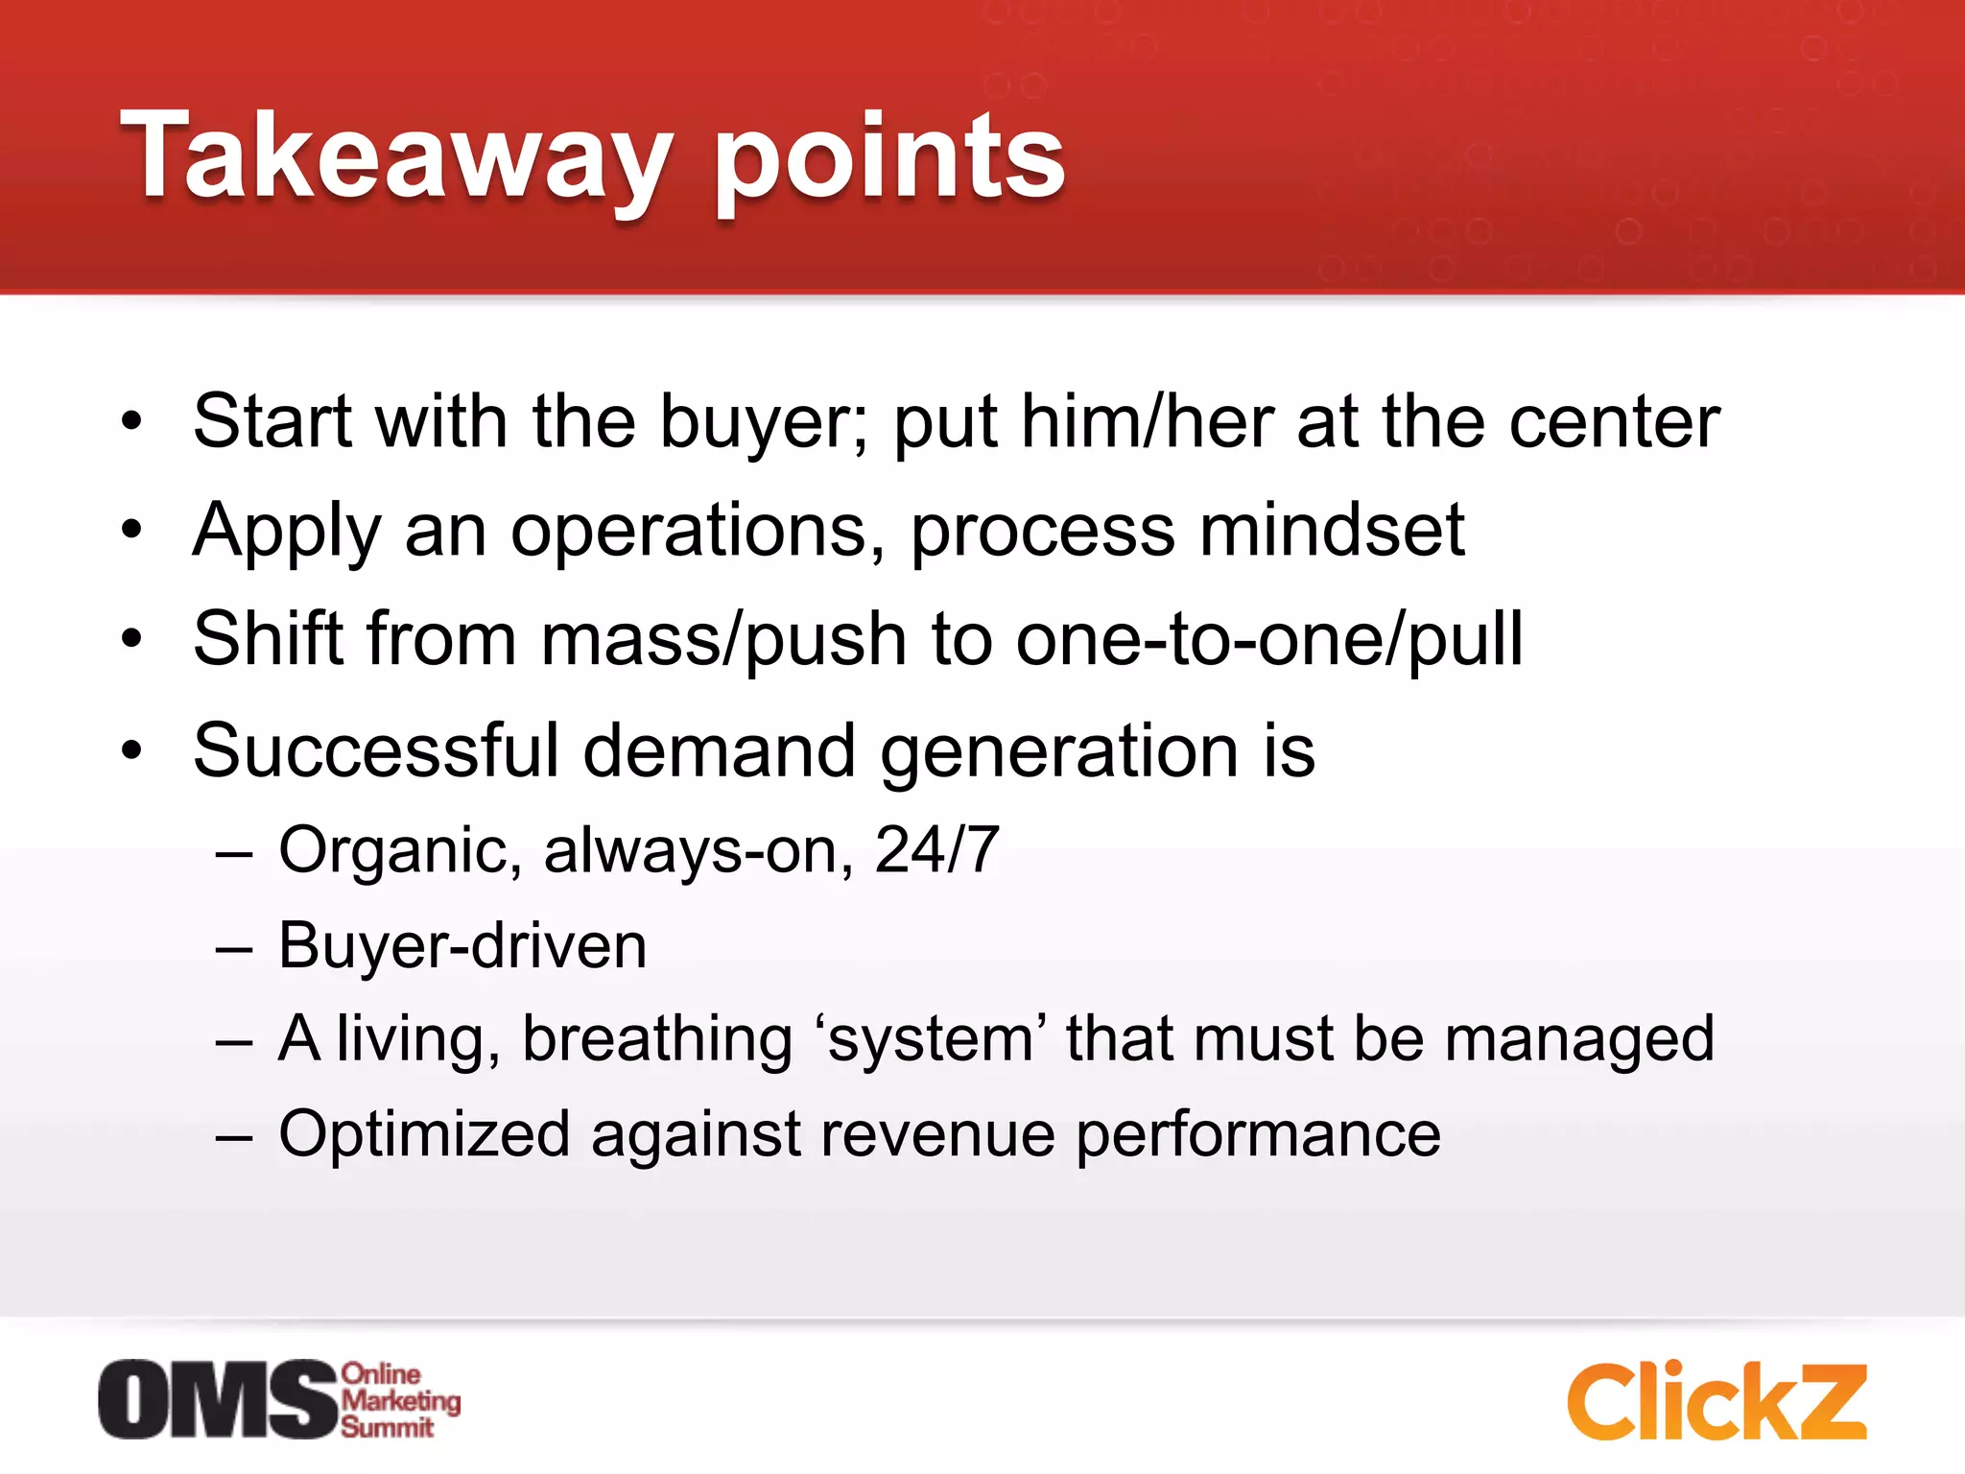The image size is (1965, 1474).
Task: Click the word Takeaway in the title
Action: [394, 156]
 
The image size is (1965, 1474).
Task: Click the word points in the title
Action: [889, 156]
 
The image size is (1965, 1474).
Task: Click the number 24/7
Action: [936, 849]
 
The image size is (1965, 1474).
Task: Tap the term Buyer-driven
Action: [462, 946]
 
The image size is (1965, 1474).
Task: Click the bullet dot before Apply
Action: [131, 529]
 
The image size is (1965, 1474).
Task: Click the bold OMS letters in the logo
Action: [220, 1399]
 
